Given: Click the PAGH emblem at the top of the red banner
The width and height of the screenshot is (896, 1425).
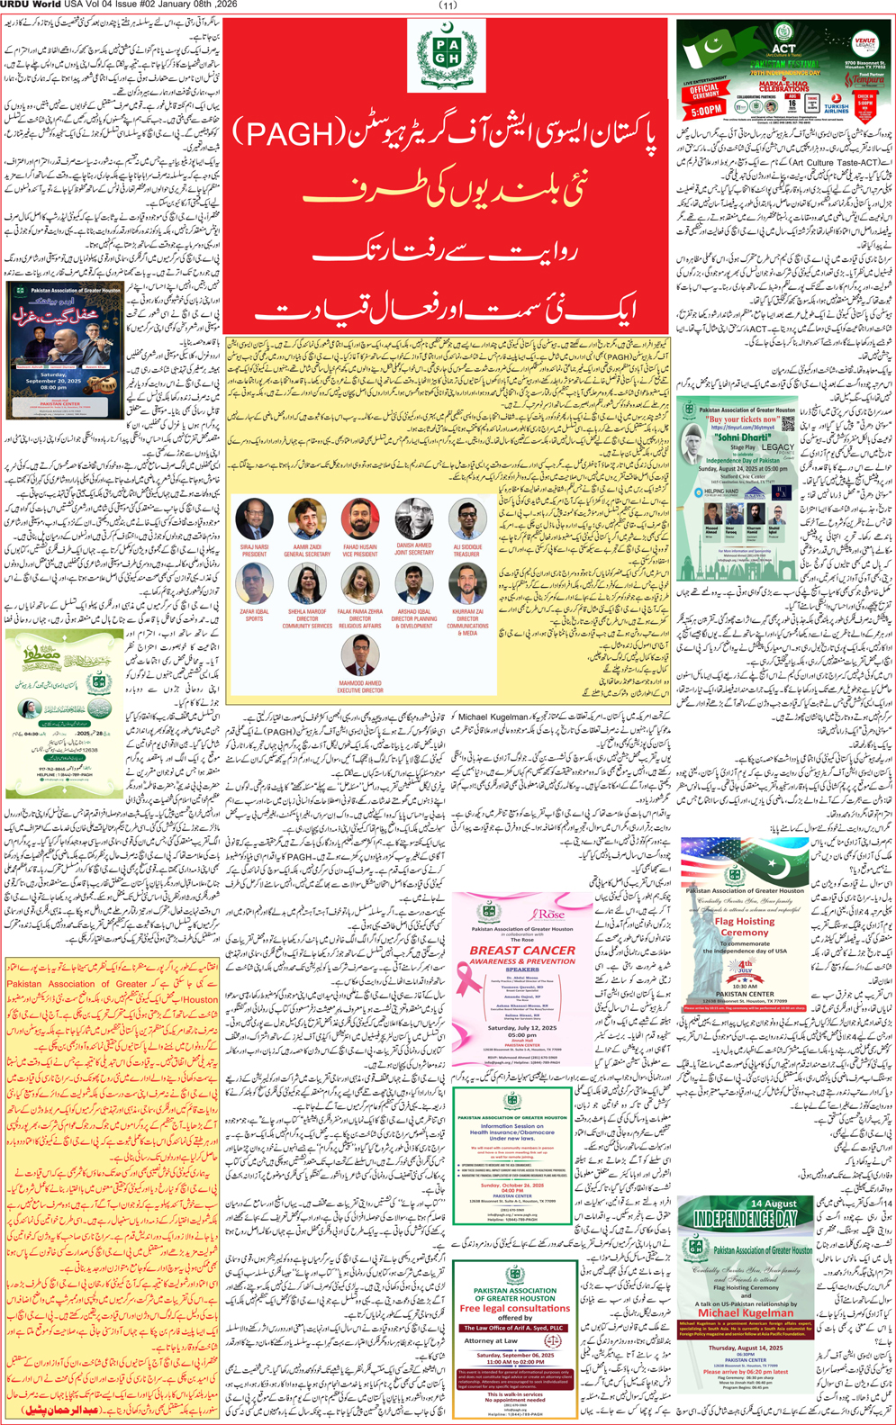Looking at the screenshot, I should coord(447,56).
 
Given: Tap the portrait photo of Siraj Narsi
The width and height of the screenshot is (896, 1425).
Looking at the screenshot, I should coord(253,519).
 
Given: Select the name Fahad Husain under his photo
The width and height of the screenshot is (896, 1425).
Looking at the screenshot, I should coord(360,547).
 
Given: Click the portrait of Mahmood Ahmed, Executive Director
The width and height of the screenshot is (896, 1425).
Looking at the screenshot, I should coord(360,656).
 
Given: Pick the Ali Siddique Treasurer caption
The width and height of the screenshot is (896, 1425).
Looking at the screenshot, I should coord(467,550).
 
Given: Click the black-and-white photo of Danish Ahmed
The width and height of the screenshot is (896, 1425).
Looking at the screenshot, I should coord(413,519).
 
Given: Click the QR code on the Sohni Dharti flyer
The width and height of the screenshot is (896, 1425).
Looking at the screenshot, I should coord(790,427).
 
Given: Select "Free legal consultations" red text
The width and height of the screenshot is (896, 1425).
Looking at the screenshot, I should coord(514,1308).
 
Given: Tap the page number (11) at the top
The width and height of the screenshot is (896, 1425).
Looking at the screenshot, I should coord(448,5).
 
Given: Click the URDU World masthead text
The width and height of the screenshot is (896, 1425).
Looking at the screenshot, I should coord(30,5).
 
